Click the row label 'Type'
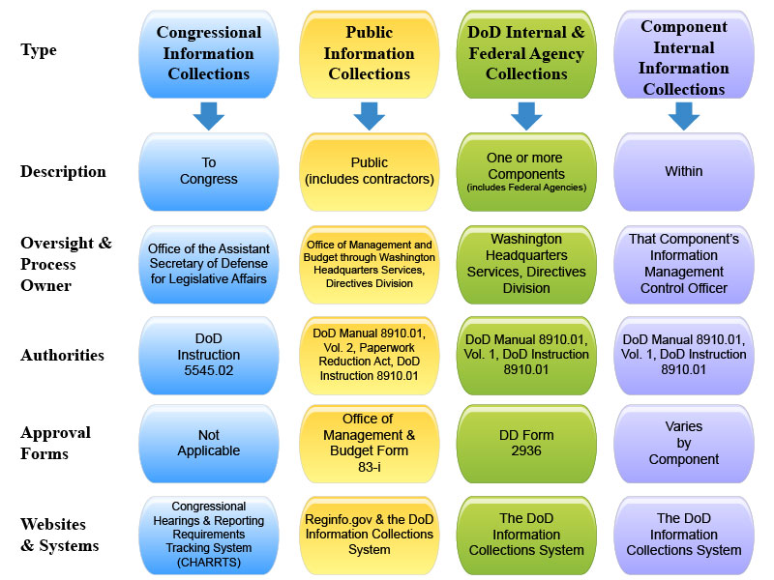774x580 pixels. tap(39, 49)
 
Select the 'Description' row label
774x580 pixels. tap(63, 172)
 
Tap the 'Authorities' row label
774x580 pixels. tap(62, 355)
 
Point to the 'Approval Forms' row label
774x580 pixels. tap(55, 442)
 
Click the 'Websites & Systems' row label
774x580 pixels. tap(59, 534)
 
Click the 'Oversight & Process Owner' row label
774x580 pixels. tap(66, 264)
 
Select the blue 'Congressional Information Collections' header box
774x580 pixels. tap(209, 53)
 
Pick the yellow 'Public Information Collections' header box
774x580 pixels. tap(369, 53)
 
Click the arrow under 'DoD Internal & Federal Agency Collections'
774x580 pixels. tap(525, 115)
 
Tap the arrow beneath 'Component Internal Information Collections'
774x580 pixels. tap(683, 115)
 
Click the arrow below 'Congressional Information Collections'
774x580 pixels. tap(209, 115)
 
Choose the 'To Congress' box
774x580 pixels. tap(209, 171)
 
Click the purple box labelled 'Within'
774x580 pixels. tap(683, 171)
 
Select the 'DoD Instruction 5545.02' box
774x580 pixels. tap(209, 355)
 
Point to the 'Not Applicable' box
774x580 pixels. tap(209, 443)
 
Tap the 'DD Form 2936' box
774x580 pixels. tap(525, 443)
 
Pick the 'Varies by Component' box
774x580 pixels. tap(683, 443)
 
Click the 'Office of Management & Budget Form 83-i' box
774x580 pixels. tap(369, 443)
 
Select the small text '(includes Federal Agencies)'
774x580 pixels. tap(525, 187)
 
